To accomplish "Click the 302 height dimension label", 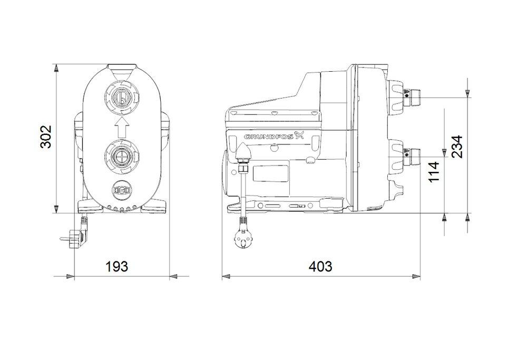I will pyautogui.click(x=46, y=137).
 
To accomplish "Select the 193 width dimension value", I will pyautogui.click(x=116, y=266).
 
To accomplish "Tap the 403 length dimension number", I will pyautogui.click(x=320, y=266).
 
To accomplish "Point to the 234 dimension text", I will pyautogui.click(x=457, y=146).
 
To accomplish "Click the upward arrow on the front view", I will pyautogui.click(x=121, y=127).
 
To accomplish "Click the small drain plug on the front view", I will pyautogui.click(x=121, y=190).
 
